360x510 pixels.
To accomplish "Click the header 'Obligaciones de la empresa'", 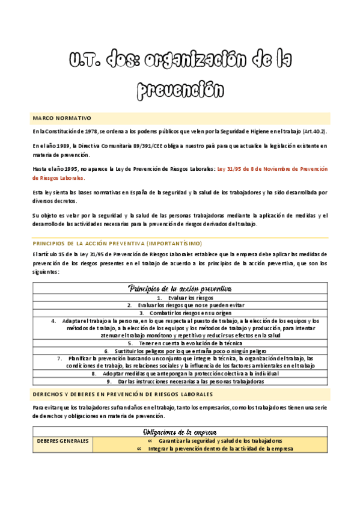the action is [180, 432].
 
